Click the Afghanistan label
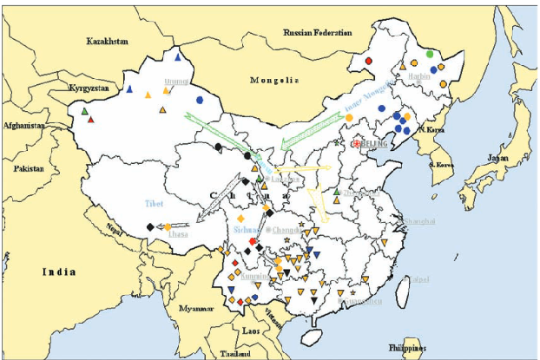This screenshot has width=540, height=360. pyautogui.click(x=23, y=126)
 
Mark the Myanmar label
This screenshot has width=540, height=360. pyautogui.click(x=197, y=309)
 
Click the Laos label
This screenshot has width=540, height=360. pyautogui.click(x=251, y=331)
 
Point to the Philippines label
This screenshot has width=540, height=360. pyautogui.click(x=408, y=348)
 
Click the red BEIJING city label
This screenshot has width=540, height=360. pyautogui.click(x=372, y=144)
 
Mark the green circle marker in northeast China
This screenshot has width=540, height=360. pyautogui.click(x=429, y=55)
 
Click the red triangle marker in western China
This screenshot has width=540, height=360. pyautogui.click(x=90, y=120)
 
